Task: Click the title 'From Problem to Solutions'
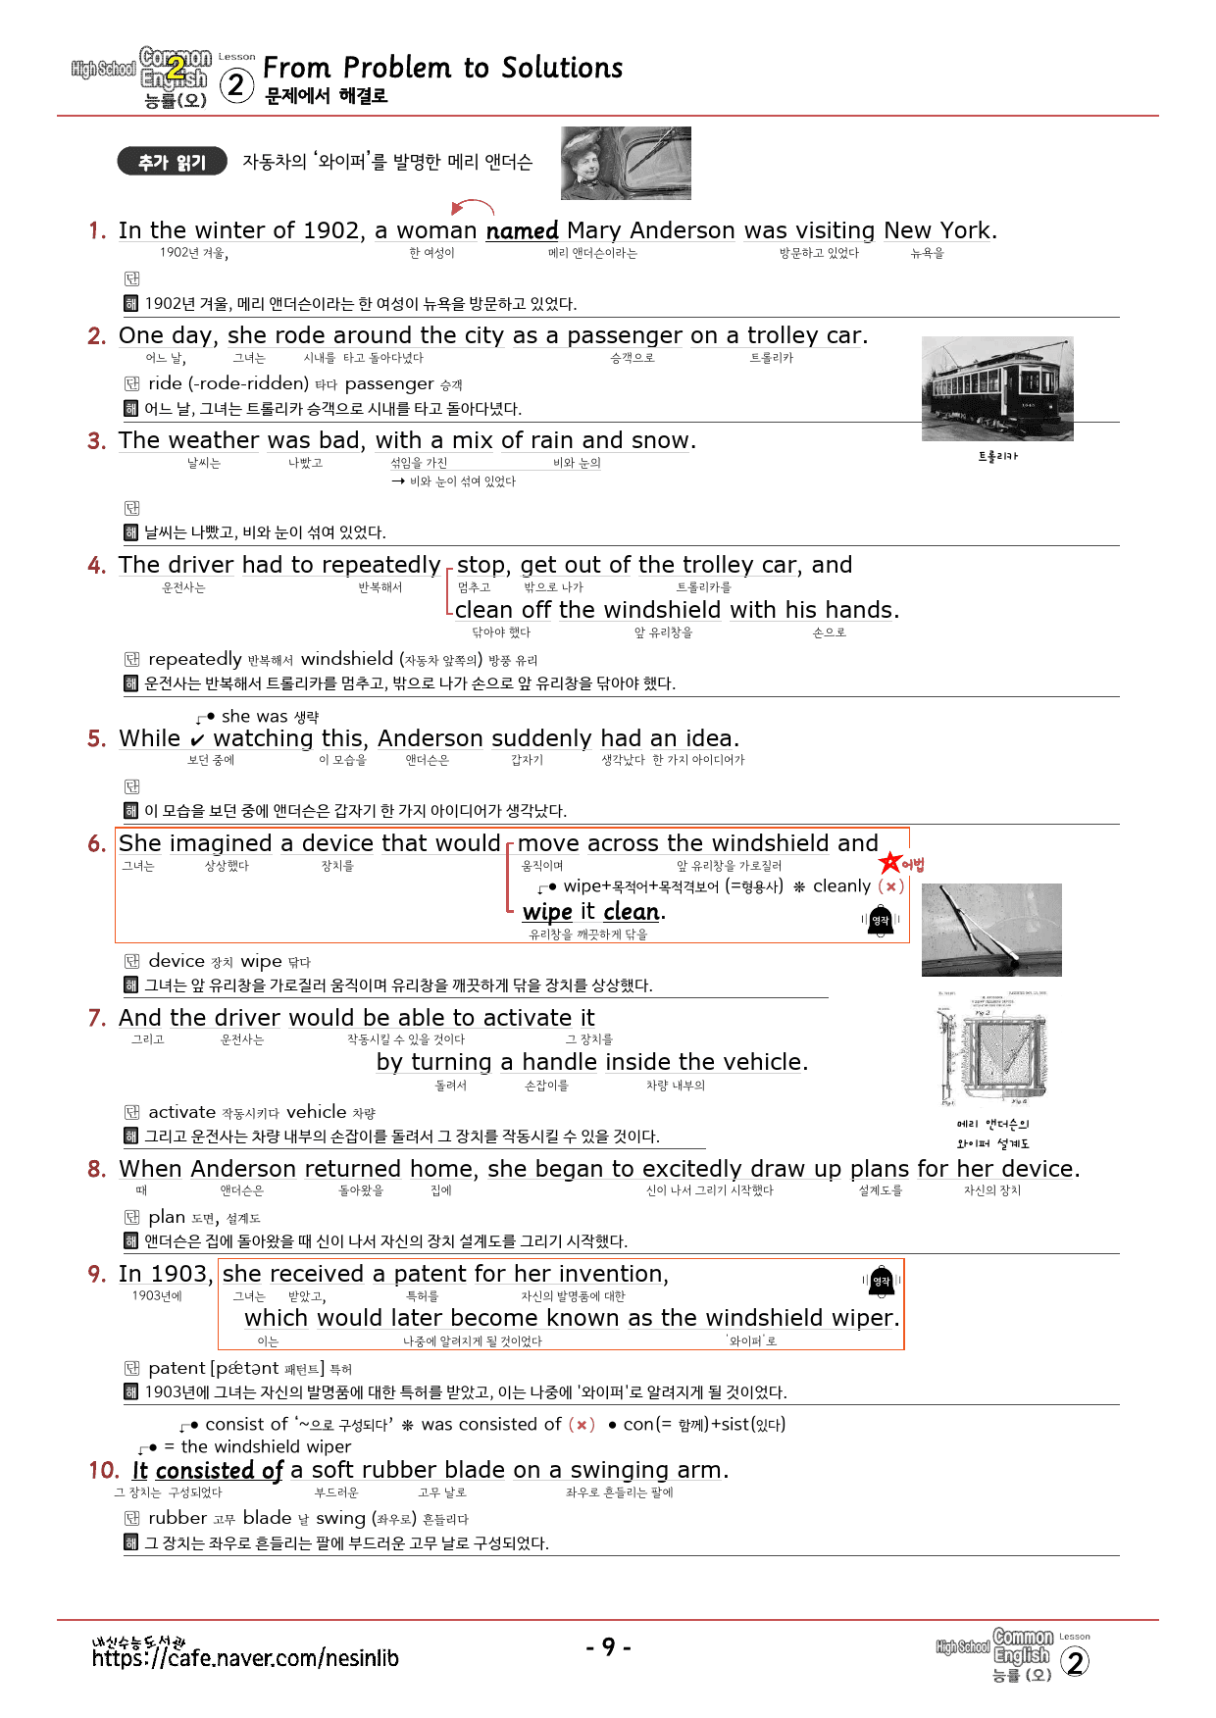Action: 442,68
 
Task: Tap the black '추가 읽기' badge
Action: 172,162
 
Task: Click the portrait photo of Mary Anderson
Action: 626,163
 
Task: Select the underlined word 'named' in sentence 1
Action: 522,230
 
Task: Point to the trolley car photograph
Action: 997,389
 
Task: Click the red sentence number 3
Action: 96,441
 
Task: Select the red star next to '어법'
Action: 889,863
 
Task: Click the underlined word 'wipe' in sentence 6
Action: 547,912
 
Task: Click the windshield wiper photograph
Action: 991,930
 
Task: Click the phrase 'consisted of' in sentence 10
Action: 219,1470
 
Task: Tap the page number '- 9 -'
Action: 608,1646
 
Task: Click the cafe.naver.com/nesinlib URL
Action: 245,1658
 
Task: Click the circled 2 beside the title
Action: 235,85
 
